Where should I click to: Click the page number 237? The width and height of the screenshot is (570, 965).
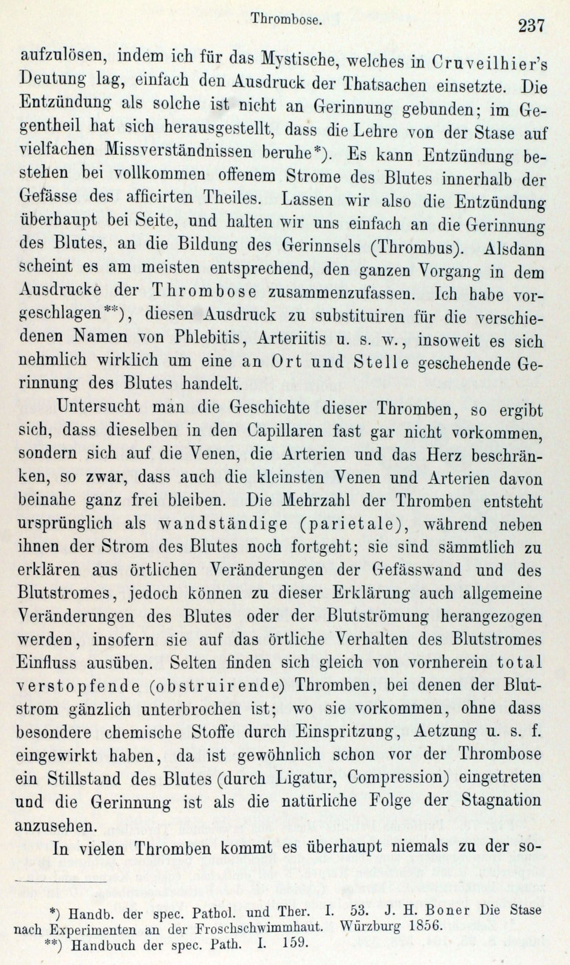point(530,26)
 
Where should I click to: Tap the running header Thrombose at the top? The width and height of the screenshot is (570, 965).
point(285,19)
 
